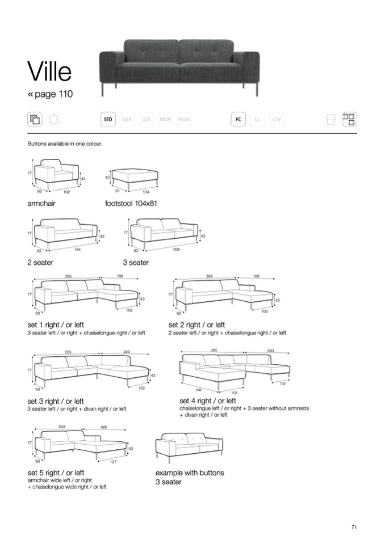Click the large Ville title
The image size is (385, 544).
click(x=49, y=72)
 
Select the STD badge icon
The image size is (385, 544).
click(x=108, y=120)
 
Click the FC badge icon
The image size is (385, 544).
click(x=238, y=120)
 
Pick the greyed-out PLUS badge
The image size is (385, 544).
click(x=184, y=120)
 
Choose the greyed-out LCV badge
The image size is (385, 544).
click(x=277, y=120)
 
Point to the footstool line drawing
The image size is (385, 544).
click(x=135, y=176)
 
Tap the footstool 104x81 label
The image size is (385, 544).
click(x=131, y=203)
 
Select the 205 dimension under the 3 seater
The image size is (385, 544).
click(x=176, y=249)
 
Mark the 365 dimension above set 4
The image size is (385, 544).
click(x=214, y=350)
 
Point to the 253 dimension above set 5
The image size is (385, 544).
click(x=61, y=426)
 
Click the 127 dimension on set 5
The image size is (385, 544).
click(x=113, y=462)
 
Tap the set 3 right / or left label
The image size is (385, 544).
click(x=56, y=401)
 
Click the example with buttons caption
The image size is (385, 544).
click(x=190, y=473)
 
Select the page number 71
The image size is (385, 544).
click(x=354, y=527)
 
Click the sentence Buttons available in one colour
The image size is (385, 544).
click(x=65, y=144)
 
